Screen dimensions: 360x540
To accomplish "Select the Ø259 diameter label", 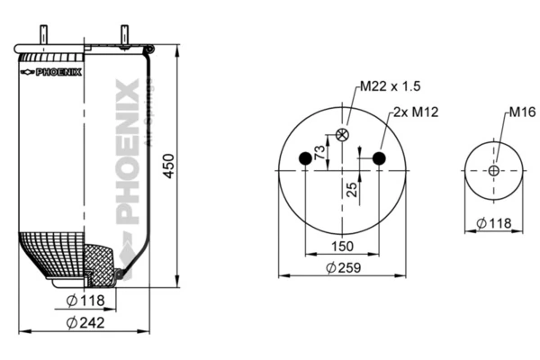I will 344,267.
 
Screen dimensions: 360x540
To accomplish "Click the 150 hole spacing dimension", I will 342,245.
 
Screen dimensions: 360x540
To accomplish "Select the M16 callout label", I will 522,112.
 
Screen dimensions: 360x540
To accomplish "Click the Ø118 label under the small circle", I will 493,222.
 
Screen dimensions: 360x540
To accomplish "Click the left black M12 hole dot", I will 305,159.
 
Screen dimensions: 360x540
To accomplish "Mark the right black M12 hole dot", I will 379,159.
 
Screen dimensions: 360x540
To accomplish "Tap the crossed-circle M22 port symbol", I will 342,135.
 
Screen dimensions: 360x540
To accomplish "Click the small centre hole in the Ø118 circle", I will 494,170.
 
